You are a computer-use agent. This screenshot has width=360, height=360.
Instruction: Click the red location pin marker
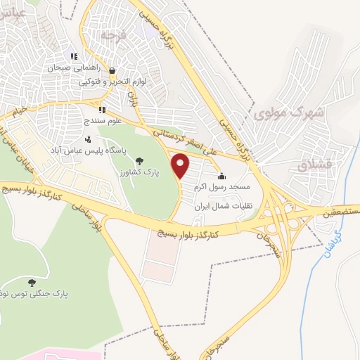coord(181,167)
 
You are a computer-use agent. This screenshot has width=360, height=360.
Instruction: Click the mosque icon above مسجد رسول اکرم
coord(223,176)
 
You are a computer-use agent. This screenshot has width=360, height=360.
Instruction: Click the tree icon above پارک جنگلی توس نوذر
coord(31,282)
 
